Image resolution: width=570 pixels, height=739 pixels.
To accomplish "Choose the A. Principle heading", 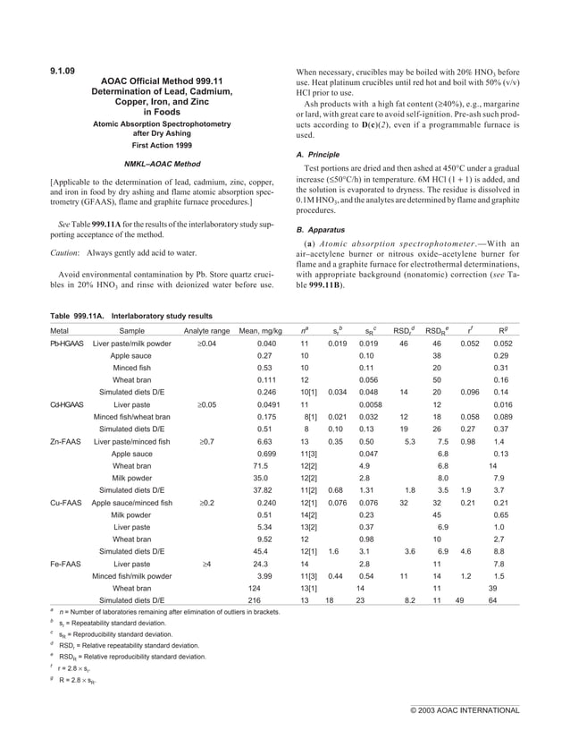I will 321,154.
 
